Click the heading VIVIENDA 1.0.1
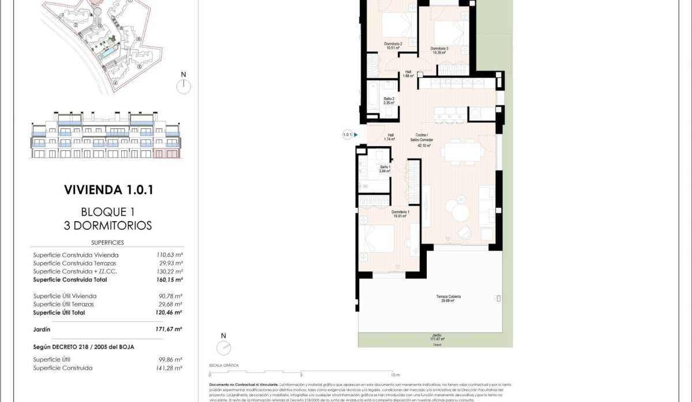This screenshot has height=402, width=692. coord(108,189)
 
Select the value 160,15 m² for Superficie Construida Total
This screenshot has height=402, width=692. coord(169,280)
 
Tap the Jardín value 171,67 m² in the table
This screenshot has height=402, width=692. coord(169,329)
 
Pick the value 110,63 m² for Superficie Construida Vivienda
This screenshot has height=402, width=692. coord(169,255)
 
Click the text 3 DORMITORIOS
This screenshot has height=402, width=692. coord(108,225)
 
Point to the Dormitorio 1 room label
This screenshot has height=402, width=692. coord(401,214)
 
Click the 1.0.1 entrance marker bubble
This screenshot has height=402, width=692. coord(347,135)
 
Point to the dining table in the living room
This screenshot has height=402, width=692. coord(463,153)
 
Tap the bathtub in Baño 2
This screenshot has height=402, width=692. coord(373,93)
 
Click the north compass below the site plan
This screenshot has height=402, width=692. coord(183,85)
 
